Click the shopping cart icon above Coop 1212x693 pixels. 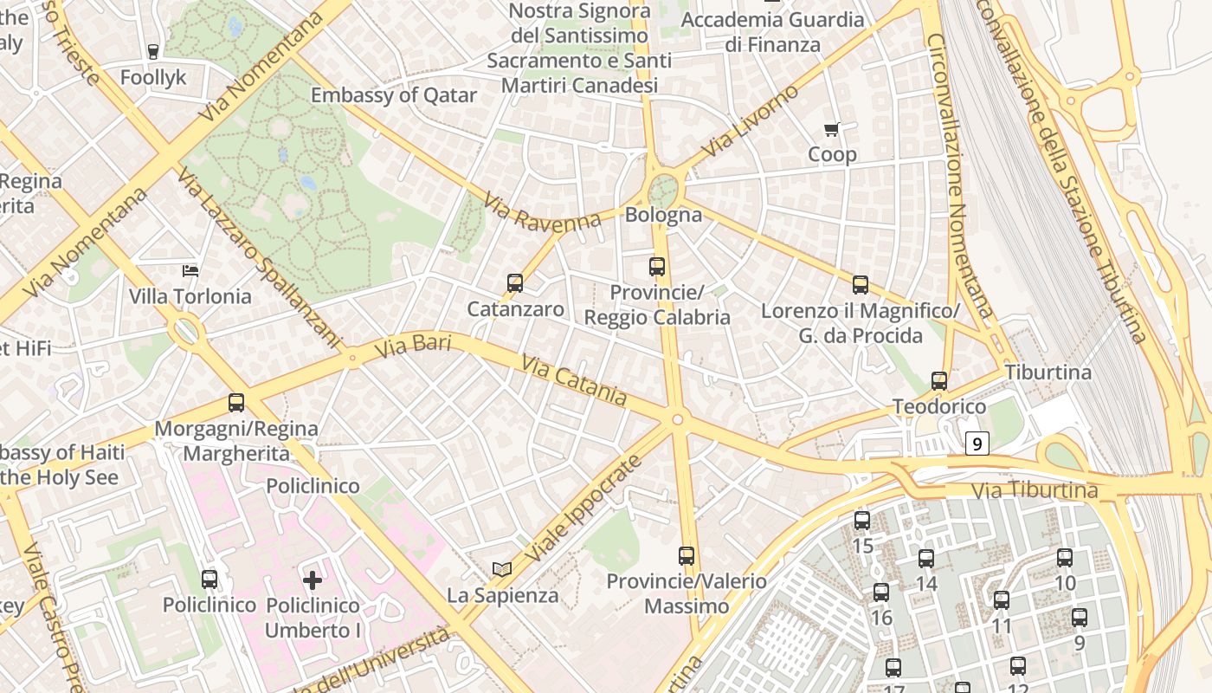[832, 130]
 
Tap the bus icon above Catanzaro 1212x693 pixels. [515, 283]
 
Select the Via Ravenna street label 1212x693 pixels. [542, 213]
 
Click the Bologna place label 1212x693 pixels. [663, 215]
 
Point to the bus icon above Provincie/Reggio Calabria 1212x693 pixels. [657, 267]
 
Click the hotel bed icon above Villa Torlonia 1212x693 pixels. [190, 271]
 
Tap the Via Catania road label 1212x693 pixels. [574, 379]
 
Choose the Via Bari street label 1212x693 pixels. [413, 347]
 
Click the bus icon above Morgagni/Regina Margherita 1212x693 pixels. [236, 403]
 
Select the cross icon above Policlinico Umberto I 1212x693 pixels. [313, 580]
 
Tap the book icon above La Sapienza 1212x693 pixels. [502, 569]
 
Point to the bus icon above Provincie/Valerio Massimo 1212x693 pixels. [687, 555]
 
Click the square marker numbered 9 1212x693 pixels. [977, 444]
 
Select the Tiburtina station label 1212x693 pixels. [1048, 372]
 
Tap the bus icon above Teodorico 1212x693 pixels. [939, 380]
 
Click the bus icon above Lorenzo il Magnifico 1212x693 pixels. [861, 285]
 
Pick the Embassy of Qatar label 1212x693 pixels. [394, 95]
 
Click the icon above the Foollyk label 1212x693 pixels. [153, 52]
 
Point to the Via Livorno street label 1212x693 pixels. [751, 121]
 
